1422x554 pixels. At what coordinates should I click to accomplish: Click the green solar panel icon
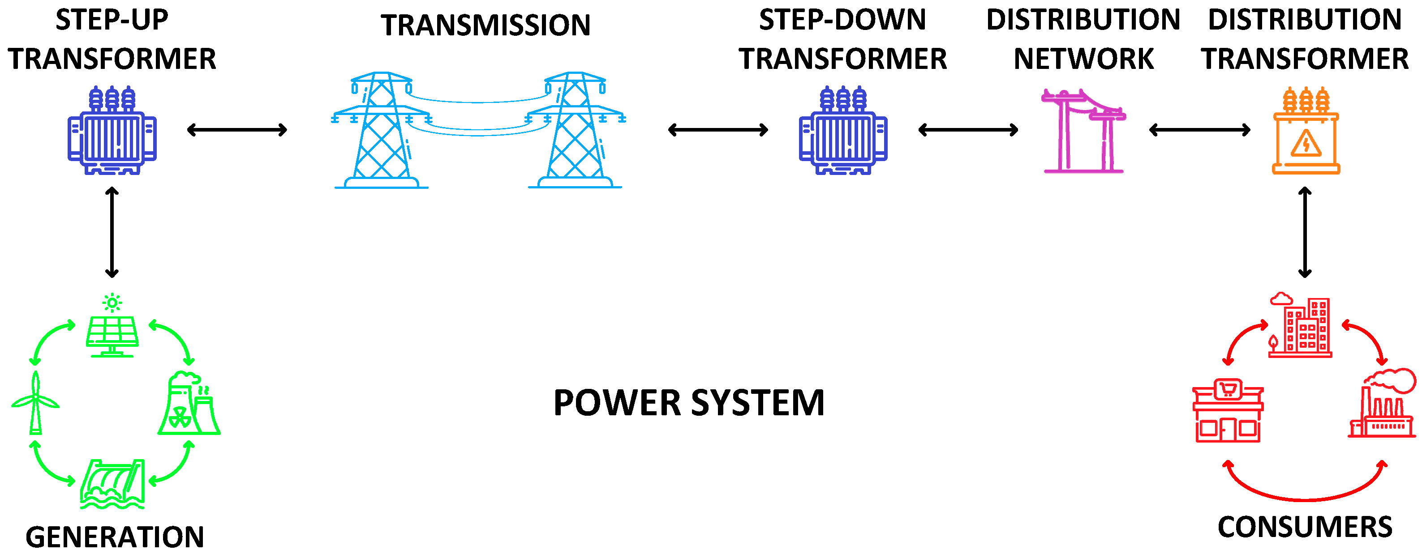[x=112, y=331]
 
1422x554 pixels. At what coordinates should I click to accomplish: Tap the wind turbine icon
[x=35, y=403]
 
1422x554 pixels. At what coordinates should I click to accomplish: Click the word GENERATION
[x=115, y=537]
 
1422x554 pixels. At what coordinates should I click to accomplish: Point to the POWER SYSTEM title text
[x=688, y=403]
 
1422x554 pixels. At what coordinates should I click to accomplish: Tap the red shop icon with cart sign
[x=1227, y=411]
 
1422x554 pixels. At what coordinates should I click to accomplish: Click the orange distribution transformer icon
[x=1306, y=132]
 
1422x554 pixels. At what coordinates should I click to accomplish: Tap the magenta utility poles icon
[x=1083, y=132]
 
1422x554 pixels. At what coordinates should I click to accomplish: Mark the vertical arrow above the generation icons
[x=112, y=232]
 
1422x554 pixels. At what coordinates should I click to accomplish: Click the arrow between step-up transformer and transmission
[x=237, y=130]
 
